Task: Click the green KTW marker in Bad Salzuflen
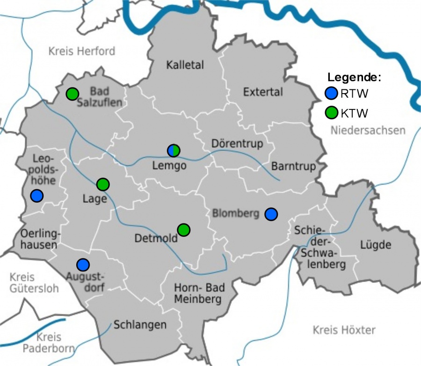point(72,94)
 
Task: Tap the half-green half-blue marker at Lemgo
point(174,150)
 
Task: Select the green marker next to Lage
point(103,184)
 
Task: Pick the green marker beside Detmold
point(184,230)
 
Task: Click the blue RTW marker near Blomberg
point(271,214)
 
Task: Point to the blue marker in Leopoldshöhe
point(37,196)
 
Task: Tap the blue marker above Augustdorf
point(83,264)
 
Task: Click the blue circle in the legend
point(331,94)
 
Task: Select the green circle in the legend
point(331,113)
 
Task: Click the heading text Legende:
point(354,77)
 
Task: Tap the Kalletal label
point(185,65)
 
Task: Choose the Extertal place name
point(263,92)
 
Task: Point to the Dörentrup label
point(237,143)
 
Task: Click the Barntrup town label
point(293,166)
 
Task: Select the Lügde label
point(376,244)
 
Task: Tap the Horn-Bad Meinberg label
point(197,294)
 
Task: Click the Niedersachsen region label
point(368,130)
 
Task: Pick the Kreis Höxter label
point(344,330)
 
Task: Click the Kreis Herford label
point(82,51)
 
